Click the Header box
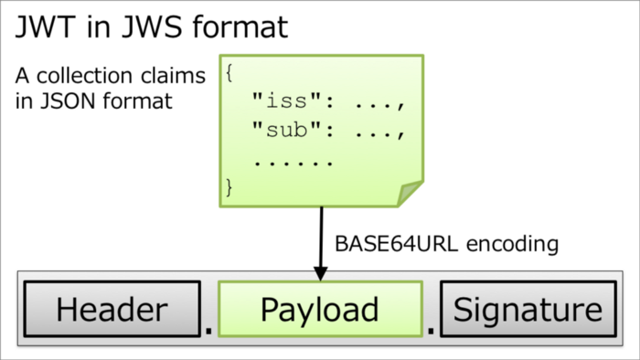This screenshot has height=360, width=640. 112,310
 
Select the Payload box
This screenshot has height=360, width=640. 319,310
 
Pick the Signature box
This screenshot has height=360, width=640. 528,310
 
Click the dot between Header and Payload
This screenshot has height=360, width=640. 209,327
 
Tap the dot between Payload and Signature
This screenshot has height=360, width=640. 431,327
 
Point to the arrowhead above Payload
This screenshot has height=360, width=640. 321,272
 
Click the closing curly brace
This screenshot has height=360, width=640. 229,188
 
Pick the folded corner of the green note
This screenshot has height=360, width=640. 409,193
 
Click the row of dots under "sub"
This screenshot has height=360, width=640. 293,162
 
